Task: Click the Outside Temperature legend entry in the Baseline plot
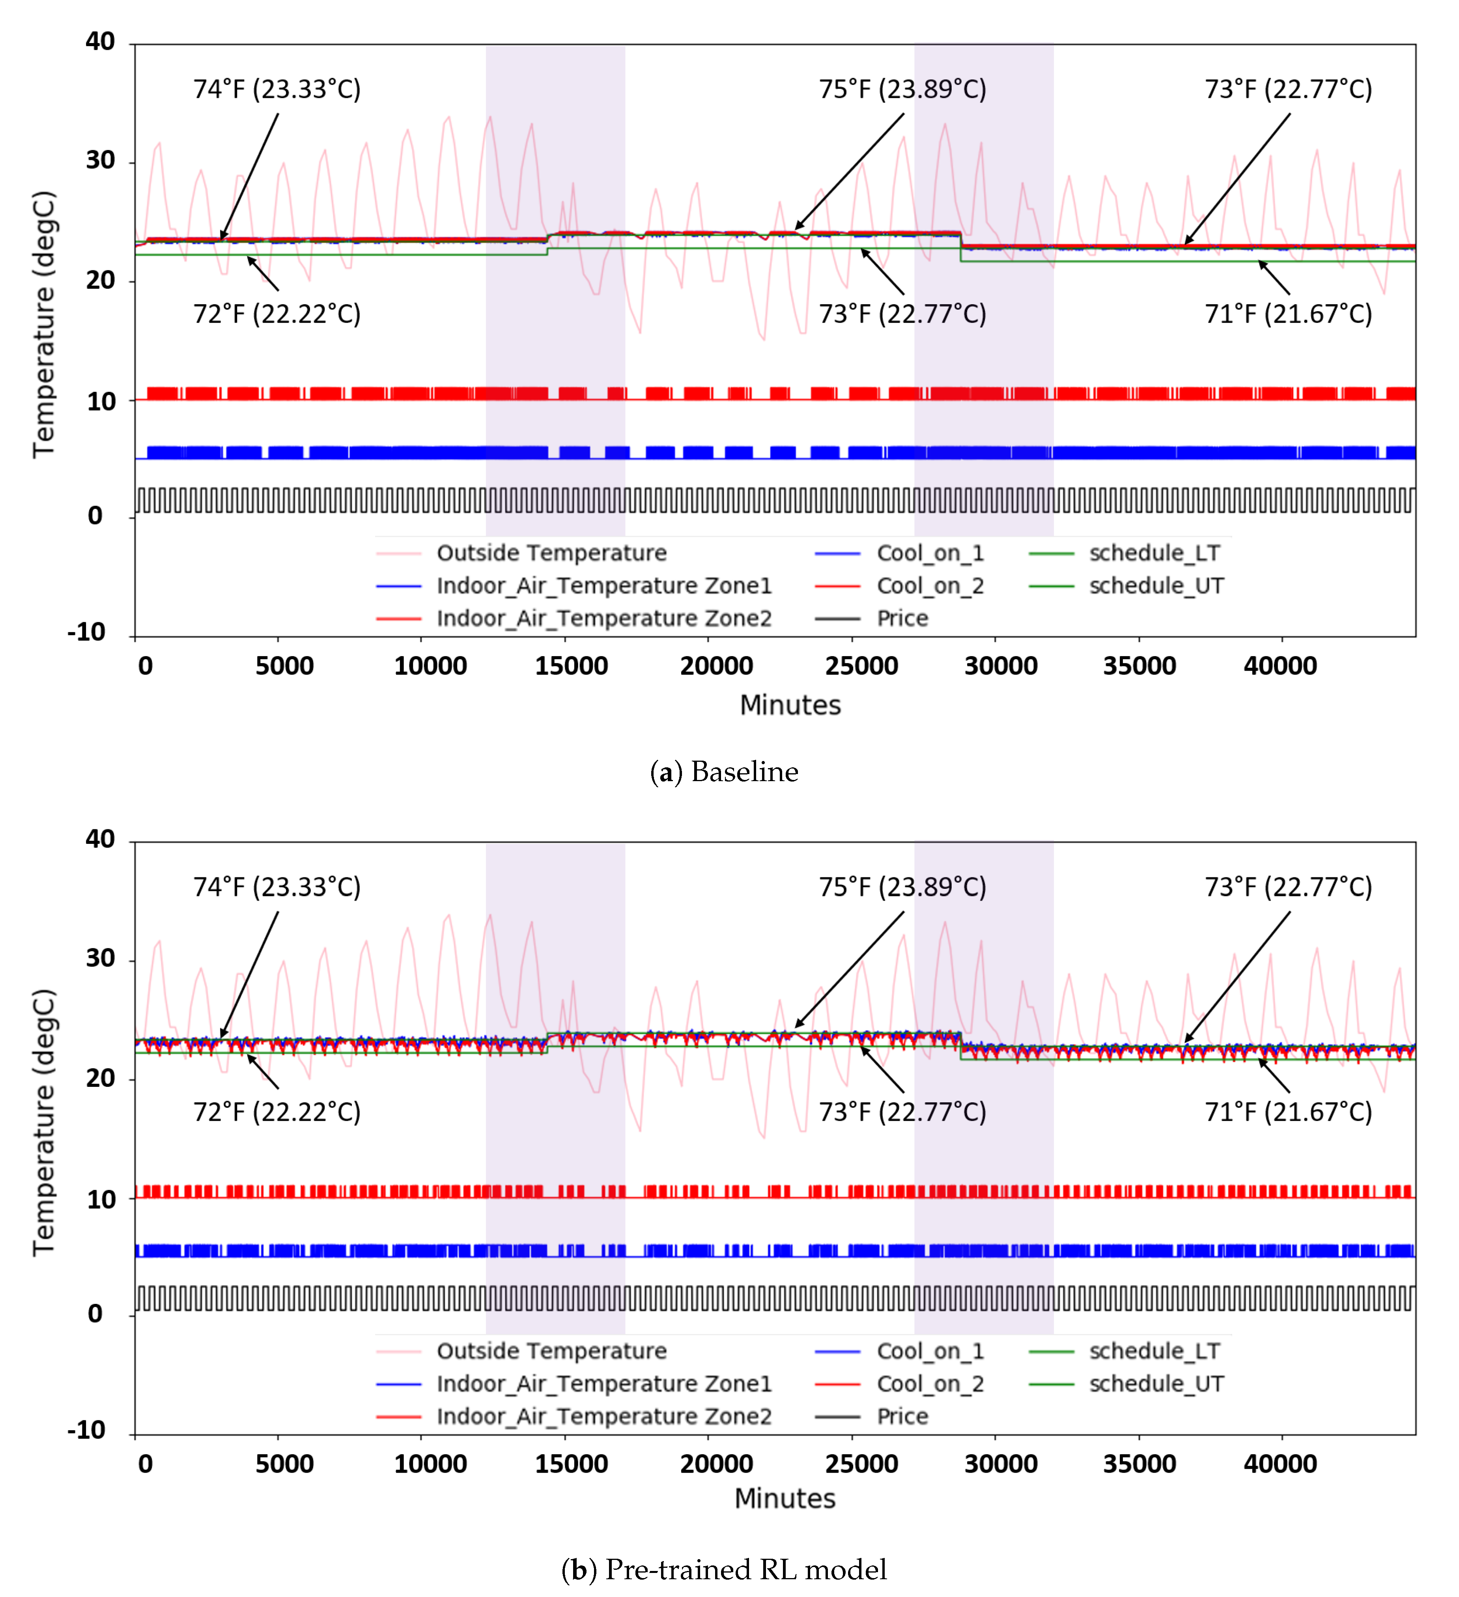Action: coord(551,553)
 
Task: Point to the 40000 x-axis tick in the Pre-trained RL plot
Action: coord(1280,1464)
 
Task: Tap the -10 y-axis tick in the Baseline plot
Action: coord(87,632)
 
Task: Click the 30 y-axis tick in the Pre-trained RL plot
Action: coord(101,959)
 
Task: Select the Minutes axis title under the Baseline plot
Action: coord(790,705)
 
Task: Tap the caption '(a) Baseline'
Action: coord(724,772)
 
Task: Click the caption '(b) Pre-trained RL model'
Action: coord(724,1569)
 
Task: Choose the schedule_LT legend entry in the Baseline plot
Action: coord(1154,553)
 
